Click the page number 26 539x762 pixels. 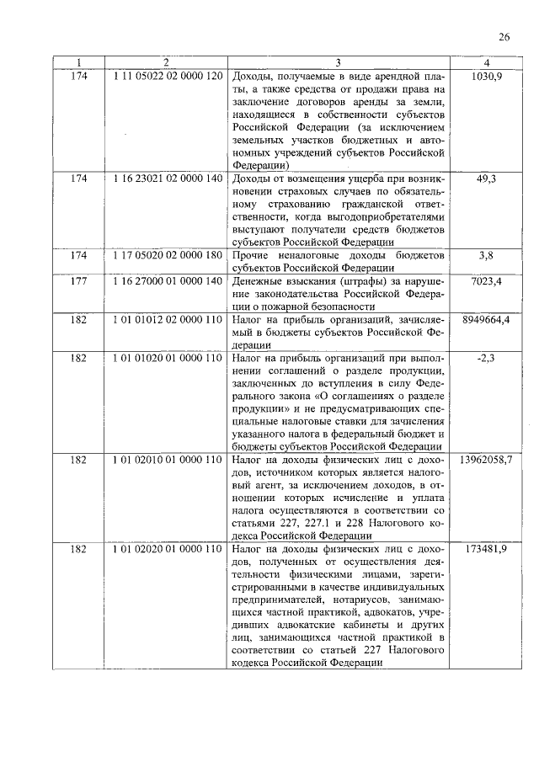click(x=504, y=36)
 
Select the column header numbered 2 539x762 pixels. click(x=166, y=62)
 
